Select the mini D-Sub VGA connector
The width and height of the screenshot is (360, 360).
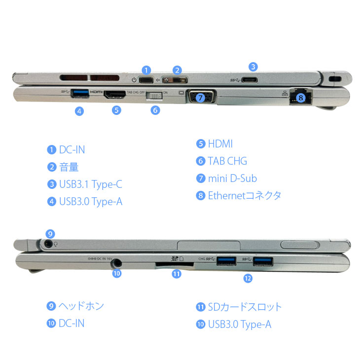coord(201,96)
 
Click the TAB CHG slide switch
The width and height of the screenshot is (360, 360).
coord(155,95)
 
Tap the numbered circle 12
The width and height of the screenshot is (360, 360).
coord(248,278)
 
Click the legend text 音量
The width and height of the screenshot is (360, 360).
coord(69,167)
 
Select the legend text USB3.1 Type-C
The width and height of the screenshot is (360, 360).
coord(90,184)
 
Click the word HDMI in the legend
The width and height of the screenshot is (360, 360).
coord(220,144)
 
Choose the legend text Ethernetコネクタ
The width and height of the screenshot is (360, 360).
coord(245,195)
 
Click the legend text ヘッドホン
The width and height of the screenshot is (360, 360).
coord(81,306)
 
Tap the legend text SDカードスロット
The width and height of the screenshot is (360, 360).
coord(245,307)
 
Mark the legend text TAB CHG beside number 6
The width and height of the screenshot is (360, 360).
coord(227,161)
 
